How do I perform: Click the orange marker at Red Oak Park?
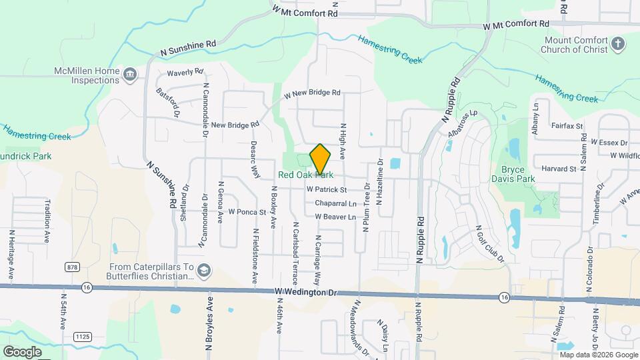[x=321, y=159]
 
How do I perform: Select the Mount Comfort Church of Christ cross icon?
[x=618, y=45]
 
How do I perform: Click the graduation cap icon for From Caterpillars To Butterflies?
[x=204, y=271]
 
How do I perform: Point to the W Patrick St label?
[x=328, y=190]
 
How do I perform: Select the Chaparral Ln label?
[x=335, y=203]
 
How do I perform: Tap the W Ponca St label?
[x=247, y=212]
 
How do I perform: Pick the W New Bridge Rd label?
[x=312, y=93]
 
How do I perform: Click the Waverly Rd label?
[x=185, y=72]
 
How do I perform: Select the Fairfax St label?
[x=567, y=125]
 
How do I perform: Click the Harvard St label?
[x=559, y=169]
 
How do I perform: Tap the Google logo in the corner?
[x=22, y=351]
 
